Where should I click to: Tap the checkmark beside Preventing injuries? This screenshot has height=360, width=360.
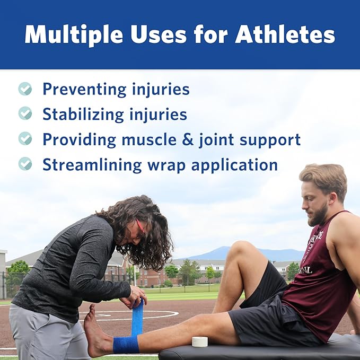coord(25,89)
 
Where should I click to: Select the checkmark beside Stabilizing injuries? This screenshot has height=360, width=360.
coord(25,113)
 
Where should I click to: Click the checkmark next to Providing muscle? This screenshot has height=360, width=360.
coord(25,139)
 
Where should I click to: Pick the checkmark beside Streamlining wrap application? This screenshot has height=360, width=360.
coord(25,164)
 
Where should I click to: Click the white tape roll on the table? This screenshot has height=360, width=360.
coord(200,341)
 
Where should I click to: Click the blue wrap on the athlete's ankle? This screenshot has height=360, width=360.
coord(126,344)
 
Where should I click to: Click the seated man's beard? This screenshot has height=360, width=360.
coord(319,215)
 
